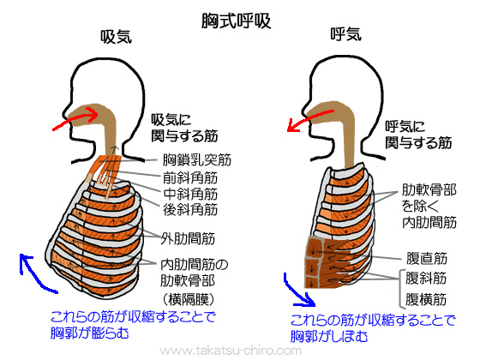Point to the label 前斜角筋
pyautogui.click(x=190, y=177)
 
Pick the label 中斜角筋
pyautogui.click(x=190, y=193)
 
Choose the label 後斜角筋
pyautogui.click(x=190, y=209)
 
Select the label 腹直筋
pyautogui.click(x=426, y=258)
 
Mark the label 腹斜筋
pyautogui.click(x=426, y=279)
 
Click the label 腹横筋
pyautogui.click(x=426, y=300)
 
